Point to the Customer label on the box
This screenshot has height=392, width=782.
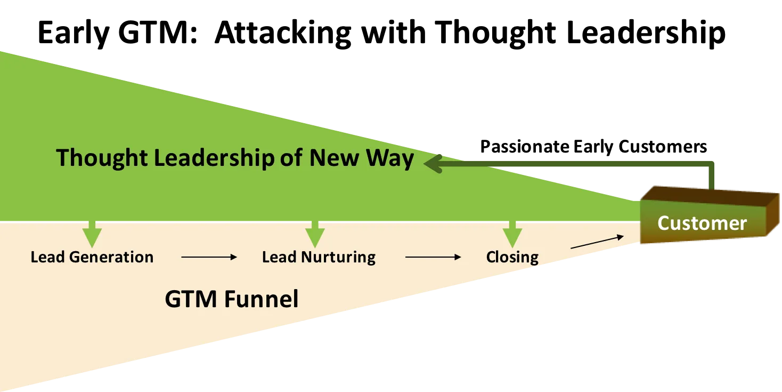pos(702,223)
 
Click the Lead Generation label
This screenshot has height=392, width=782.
pos(92,257)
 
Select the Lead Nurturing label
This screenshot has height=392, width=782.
pos(319,257)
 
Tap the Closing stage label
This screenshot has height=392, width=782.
pos(512,257)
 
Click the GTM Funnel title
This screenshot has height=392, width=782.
pos(232,299)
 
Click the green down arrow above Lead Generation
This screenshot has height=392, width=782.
pos(92,234)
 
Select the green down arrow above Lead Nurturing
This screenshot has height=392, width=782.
pos(315,234)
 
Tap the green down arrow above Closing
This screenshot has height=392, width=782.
pos(512,234)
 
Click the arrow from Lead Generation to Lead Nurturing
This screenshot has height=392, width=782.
pos(208,257)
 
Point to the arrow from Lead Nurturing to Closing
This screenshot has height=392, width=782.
pos(433,257)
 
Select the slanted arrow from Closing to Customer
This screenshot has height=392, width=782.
pos(597,242)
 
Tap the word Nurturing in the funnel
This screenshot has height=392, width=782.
pos(339,257)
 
